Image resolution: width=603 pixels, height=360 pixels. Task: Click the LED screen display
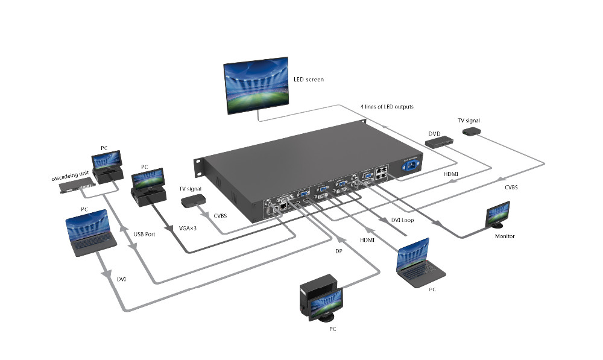pyautogui.click(x=256, y=85)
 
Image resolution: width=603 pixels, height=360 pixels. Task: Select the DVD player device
pyautogui.click(x=440, y=142)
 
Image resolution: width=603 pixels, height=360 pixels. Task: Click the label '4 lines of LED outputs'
pyautogui.click(x=387, y=107)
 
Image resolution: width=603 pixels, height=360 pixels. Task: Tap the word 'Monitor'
pyautogui.click(x=505, y=236)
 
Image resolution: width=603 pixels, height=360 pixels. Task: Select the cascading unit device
pyautogui.click(x=77, y=188)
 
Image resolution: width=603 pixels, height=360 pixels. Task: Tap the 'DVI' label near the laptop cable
pyautogui.click(x=121, y=279)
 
